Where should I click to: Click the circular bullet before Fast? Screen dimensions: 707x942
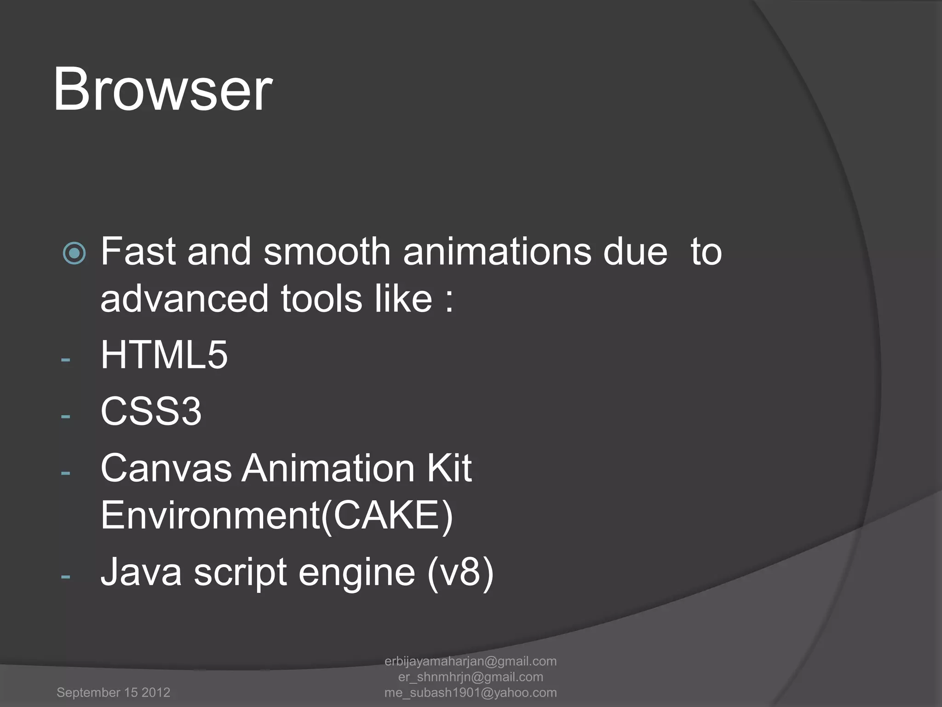click(74, 253)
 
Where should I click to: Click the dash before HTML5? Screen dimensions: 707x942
click(65, 359)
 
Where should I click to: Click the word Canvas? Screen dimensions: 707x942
click(166, 468)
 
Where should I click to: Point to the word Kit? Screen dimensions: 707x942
click(449, 468)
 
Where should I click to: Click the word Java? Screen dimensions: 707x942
click(141, 572)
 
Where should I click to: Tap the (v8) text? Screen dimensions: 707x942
click(460, 572)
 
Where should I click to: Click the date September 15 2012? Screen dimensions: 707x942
click(113, 692)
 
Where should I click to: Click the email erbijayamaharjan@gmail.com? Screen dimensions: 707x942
click(471, 661)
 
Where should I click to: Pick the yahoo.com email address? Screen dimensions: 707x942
click(471, 692)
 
